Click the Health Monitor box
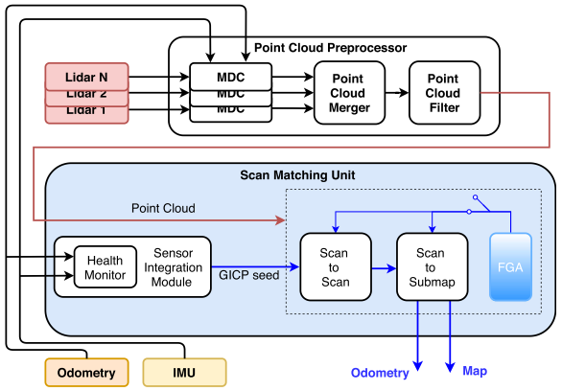(x=105, y=266)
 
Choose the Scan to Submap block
(x=430, y=267)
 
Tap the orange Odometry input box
(x=86, y=372)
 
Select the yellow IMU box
(x=184, y=372)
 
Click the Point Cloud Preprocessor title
(x=330, y=47)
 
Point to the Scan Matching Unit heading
(x=298, y=175)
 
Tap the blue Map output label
(x=477, y=370)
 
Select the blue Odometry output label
(x=381, y=372)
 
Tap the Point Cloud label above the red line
(x=163, y=208)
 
